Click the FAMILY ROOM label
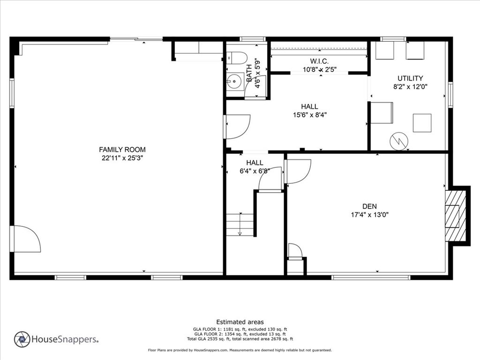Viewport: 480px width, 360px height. tap(122, 150)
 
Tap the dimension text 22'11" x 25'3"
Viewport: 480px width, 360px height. tap(122, 158)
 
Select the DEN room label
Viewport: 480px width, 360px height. tap(369, 206)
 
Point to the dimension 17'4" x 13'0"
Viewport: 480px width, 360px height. tap(369, 215)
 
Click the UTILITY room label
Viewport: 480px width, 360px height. tap(410, 78)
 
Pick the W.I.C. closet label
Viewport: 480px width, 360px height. tap(319, 61)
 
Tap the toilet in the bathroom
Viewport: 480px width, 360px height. tap(238, 57)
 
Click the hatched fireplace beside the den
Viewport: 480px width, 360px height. tap(455, 215)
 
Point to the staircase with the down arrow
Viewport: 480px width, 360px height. tap(240, 225)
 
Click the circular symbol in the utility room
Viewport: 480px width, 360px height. tap(399, 140)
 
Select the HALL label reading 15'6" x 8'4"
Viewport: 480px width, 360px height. tap(309, 111)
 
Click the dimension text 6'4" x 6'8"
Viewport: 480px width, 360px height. tap(255, 172)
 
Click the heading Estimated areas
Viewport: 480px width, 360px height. tap(240, 322)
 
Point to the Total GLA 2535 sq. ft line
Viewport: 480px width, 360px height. tap(240, 338)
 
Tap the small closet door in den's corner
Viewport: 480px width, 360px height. tap(295, 252)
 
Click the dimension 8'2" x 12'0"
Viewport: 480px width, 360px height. tap(410, 87)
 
